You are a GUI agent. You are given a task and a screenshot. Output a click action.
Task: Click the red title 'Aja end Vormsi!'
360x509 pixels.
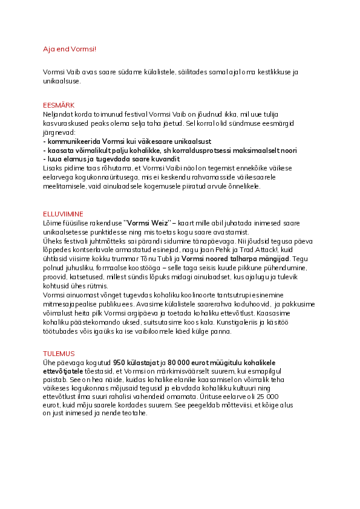click(x=70, y=48)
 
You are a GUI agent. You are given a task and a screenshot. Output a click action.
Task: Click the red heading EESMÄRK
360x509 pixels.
click(x=59, y=105)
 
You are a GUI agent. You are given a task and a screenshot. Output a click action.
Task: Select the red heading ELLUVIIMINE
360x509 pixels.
click(x=64, y=214)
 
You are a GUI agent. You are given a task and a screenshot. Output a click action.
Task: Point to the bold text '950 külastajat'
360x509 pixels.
click(x=136, y=361)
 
